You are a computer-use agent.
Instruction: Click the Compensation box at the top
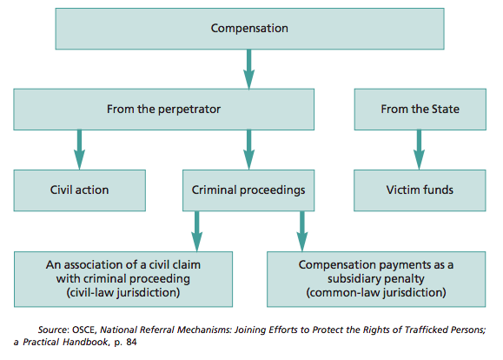click(x=249, y=29)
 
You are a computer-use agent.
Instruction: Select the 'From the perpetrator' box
click(x=163, y=110)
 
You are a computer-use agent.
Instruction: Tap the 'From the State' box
click(x=420, y=110)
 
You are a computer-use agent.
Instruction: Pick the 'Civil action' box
click(x=80, y=190)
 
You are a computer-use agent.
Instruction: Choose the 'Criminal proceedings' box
click(x=248, y=190)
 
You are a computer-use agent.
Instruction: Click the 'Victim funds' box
click(x=420, y=190)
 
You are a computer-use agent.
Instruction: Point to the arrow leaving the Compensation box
click(x=249, y=69)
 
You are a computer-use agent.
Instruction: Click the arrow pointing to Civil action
click(x=80, y=150)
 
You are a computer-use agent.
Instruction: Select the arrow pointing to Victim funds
click(x=419, y=150)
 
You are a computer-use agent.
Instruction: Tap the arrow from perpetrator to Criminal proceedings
click(x=249, y=150)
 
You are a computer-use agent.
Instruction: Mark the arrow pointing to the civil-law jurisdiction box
click(x=197, y=231)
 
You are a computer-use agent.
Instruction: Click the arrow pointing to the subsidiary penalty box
click(x=302, y=231)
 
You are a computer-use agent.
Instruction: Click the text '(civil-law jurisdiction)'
click(x=123, y=292)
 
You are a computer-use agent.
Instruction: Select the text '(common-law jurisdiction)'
click(x=376, y=292)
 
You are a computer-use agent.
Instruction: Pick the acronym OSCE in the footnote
click(x=84, y=330)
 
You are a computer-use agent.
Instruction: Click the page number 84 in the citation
click(x=131, y=342)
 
